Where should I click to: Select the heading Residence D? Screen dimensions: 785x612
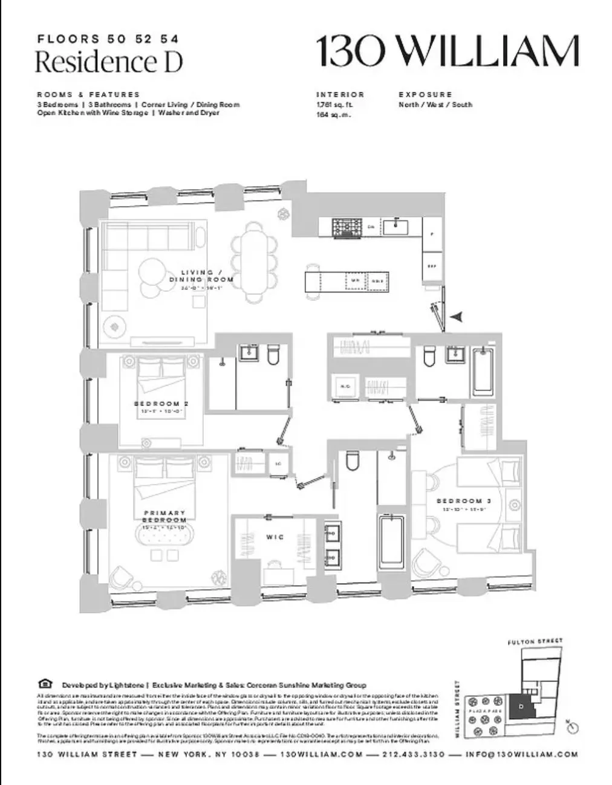(x=108, y=62)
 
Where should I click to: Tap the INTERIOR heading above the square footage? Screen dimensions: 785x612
(x=340, y=95)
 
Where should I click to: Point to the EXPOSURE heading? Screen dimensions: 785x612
(x=425, y=95)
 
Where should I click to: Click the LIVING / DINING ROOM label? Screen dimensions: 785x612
(x=201, y=276)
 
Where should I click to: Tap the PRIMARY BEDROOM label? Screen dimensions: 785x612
(x=164, y=516)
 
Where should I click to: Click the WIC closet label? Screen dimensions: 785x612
(x=275, y=537)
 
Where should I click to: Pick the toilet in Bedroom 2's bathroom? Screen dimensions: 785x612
(x=273, y=355)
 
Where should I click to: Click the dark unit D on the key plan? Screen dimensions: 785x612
(x=520, y=706)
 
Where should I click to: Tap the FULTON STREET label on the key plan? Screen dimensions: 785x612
(x=535, y=641)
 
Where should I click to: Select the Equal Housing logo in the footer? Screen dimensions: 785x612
(x=45, y=685)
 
